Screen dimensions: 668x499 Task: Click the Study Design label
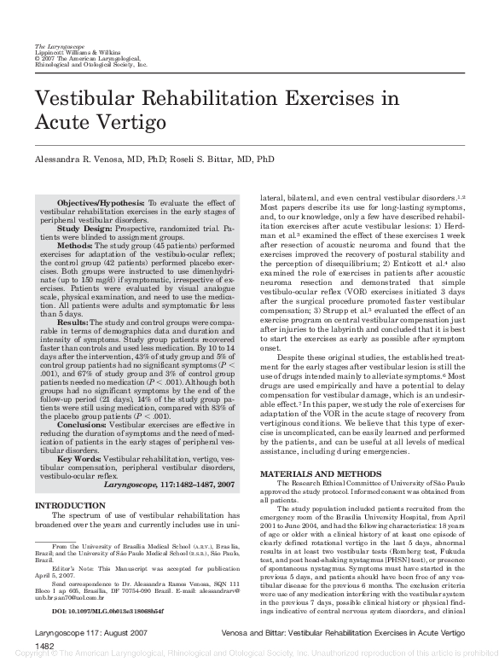click(x=85, y=229)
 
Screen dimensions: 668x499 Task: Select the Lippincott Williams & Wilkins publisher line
click(x=73, y=51)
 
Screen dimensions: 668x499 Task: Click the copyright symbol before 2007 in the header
click(x=37, y=58)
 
